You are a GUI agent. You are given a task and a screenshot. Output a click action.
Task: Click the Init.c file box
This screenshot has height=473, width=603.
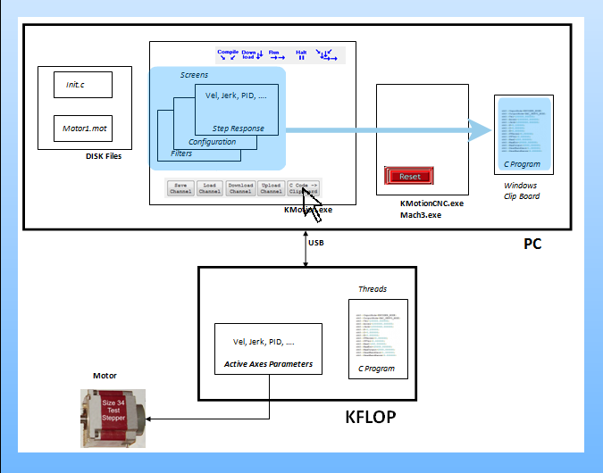tap(82, 86)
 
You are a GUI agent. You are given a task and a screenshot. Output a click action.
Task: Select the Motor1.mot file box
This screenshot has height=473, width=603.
tap(82, 129)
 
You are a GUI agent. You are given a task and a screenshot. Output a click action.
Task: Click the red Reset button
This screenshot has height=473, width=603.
tap(410, 176)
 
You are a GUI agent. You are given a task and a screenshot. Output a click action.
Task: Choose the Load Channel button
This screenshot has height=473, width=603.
tap(209, 187)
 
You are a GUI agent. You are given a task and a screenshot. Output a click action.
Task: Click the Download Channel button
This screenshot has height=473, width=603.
tap(240, 187)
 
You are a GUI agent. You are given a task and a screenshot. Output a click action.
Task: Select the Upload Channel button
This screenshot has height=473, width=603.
tap(271, 187)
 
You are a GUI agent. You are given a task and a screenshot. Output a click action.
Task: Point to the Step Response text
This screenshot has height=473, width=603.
tap(238, 129)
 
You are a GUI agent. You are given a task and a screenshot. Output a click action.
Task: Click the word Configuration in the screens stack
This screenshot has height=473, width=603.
tap(212, 142)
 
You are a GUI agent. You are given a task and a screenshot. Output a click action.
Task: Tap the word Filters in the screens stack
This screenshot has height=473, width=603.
tap(181, 154)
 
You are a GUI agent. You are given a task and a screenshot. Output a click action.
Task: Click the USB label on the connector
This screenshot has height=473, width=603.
tap(316, 242)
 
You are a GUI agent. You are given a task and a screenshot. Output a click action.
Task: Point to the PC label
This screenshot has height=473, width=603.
tap(532, 244)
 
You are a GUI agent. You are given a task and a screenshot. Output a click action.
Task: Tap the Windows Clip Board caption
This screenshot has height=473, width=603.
tap(521, 190)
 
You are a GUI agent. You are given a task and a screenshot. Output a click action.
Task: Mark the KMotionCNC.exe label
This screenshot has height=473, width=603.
tap(432, 204)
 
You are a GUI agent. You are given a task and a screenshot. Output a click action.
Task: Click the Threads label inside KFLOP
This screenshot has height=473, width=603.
tap(373, 289)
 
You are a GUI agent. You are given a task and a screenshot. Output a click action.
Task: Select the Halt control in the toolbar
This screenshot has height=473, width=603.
tap(301, 55)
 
